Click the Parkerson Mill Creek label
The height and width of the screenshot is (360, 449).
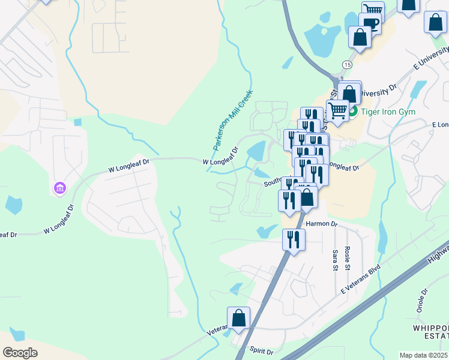(x=234, y=121)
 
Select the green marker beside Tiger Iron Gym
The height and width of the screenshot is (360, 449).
(x=353, y=111)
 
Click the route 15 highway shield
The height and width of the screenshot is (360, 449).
(x=347, y=64)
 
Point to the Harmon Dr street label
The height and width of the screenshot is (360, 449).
(x=322, y=223)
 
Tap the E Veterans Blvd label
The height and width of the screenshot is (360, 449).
(x=362, y=277)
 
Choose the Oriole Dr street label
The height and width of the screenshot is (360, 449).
(x=423, y=301)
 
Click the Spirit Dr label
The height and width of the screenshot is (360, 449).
(x=261, y=351)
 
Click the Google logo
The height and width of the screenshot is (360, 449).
(x=20, y=352)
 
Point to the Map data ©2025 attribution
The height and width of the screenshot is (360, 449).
(x=424, y=355)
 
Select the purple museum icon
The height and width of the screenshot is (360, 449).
(x=59, y=189)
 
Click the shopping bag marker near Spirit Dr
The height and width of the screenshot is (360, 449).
(x=238, y=319)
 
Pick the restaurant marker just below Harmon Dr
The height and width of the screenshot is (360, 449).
(x=294, y=239)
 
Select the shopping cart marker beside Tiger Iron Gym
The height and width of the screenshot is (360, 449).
(x=337, y=111)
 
